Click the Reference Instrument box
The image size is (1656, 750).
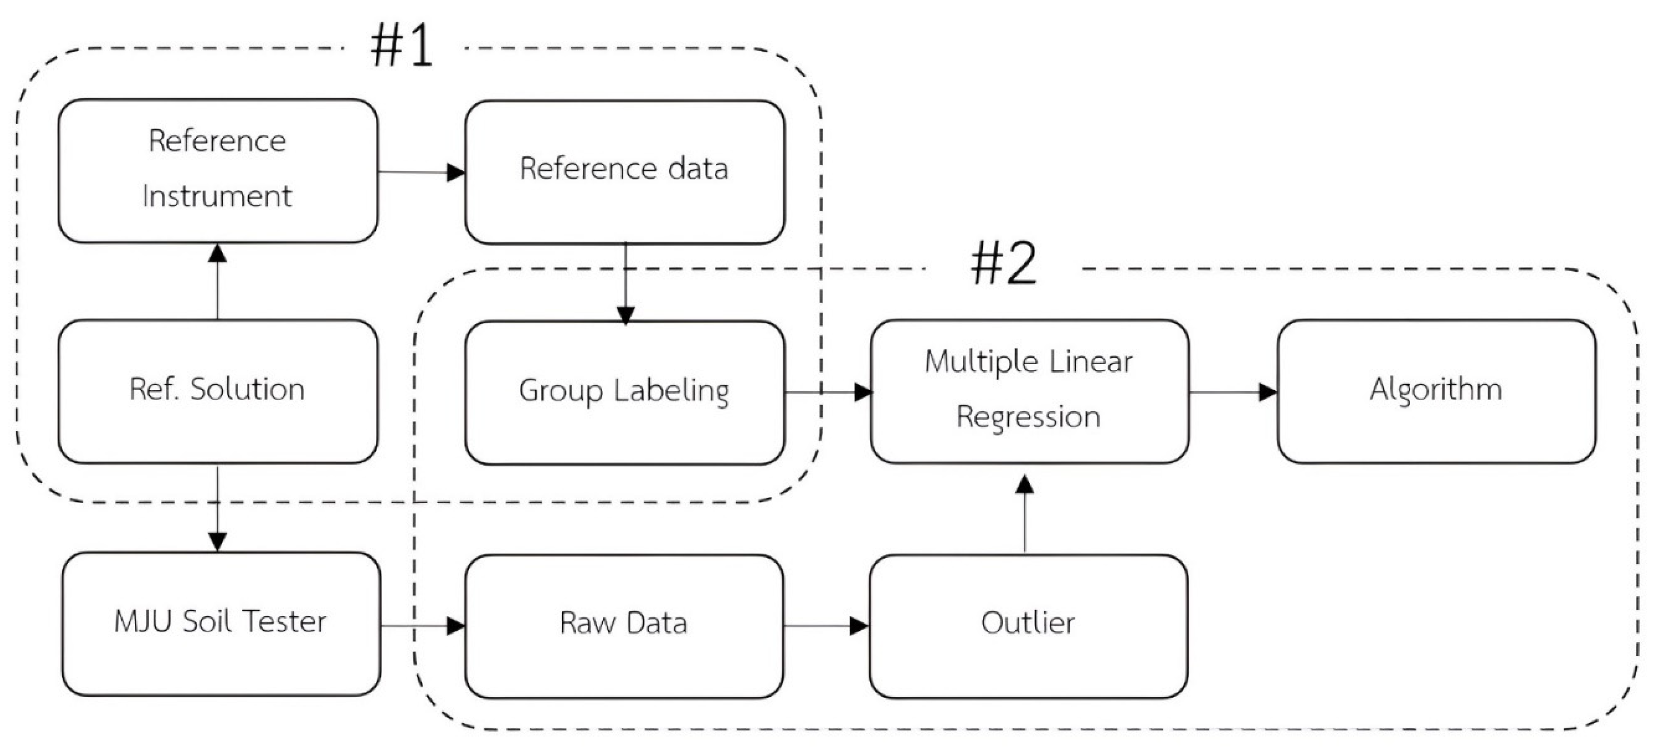point(217,170)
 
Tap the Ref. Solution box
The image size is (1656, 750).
point(217,390)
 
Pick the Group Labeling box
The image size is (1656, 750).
point(624,392)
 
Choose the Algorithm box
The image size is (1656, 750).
point(1436,390)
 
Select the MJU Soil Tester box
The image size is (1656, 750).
point(220,623)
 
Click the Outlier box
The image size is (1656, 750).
point(1028,625)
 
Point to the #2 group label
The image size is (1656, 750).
point(1003,264)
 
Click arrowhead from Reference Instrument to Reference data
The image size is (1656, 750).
point(456,172)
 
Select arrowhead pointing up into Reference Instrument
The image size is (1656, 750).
point(217,253)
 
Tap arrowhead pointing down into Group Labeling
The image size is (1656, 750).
point(625,315)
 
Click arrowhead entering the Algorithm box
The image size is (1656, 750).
point(1268,392)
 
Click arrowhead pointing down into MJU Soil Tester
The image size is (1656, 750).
point(217,542)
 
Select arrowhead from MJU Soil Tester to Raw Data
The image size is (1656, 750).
point(456,625)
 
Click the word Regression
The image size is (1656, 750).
point(1028,417)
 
